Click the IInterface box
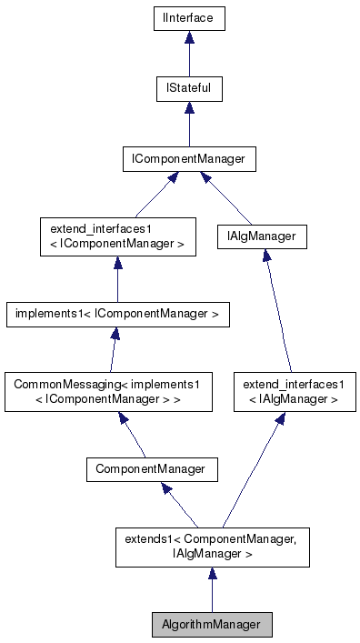click(189, 18)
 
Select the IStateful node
click(189, 89)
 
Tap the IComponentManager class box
click(189, 159)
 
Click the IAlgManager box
click(262, 236)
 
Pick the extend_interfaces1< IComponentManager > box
click(117, 236)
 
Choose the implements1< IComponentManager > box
click(117, 315)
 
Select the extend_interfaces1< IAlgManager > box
click(294, 392)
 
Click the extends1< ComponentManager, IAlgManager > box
click(212, 547)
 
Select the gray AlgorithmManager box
click(212, 625)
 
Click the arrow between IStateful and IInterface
click(189, 54)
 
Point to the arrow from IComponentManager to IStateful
click(189, 125)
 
